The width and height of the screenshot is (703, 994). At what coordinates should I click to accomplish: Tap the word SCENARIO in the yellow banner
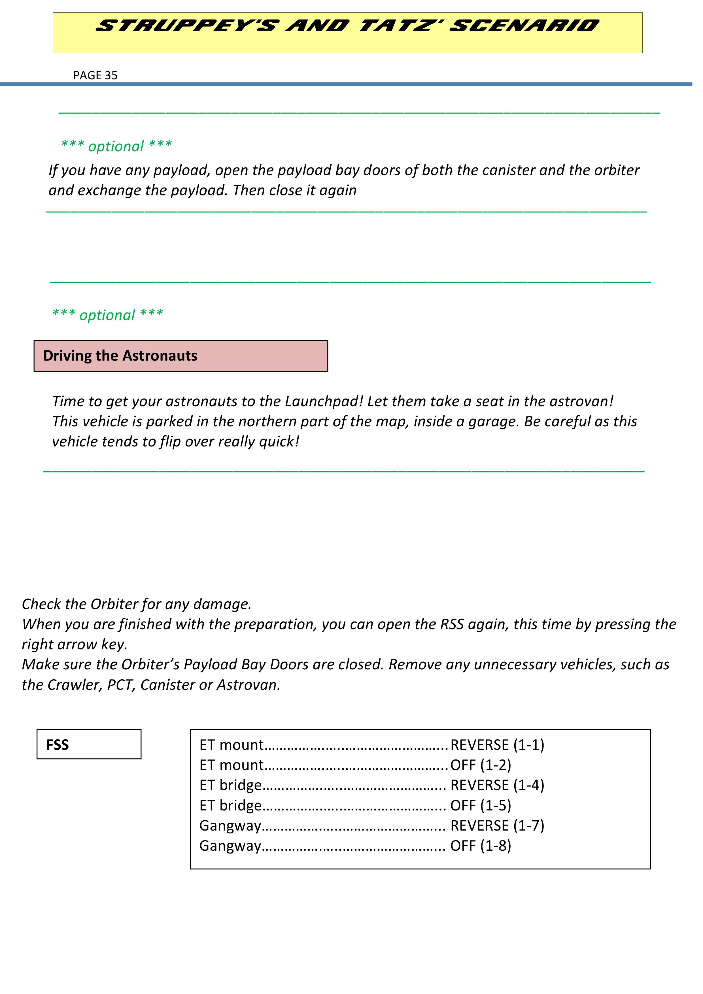click(524, 26)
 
